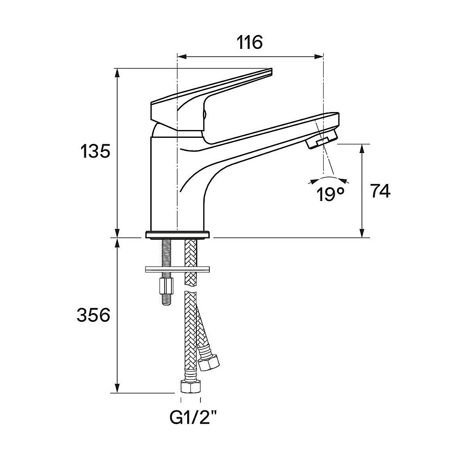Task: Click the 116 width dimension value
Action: click(249, 42)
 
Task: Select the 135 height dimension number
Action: click(95, 152)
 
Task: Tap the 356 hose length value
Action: click(93, 315)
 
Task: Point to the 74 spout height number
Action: click(380, 191)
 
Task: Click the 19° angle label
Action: click(330, 194)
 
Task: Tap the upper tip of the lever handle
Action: click(271, 70)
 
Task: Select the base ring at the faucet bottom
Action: click(177, 235)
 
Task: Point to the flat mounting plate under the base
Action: click(177, 269)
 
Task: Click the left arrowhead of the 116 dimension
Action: click(181, 56)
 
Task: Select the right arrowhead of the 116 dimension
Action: click(319, 56)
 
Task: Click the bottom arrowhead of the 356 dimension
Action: click(117, 388)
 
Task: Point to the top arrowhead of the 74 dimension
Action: click(362, 149)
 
